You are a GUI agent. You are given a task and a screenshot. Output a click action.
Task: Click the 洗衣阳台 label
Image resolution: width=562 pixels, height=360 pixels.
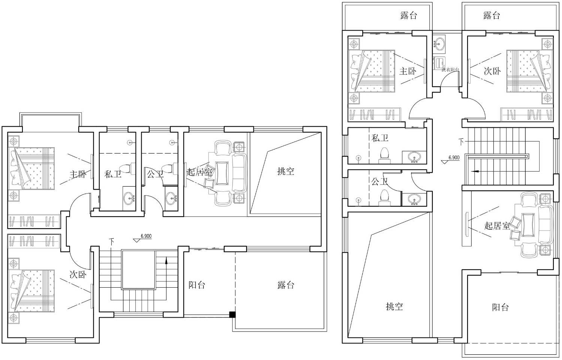[x=451, y=70]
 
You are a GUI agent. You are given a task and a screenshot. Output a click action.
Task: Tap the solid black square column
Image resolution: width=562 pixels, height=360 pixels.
[x=232, y=314]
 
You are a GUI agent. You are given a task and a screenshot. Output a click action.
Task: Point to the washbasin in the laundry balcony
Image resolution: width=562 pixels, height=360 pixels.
[x=439, y=44]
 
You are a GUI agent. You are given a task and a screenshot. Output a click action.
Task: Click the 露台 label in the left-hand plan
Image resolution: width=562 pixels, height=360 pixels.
[x=286, y=285]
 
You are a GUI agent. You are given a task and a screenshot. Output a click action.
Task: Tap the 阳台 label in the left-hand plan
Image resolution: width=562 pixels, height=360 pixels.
[x=197, y=285]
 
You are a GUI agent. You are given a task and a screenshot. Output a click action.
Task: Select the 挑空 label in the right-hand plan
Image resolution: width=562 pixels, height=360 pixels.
[x=394, y=306]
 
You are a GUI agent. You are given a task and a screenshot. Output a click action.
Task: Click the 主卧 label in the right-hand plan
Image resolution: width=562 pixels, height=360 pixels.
[x=408, y=71]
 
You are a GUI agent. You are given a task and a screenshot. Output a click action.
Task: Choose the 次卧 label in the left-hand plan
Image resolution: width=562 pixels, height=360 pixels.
[x=78, y=275]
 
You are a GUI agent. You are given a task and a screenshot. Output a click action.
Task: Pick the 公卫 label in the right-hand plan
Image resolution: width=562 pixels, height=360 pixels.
[x=380, y=181]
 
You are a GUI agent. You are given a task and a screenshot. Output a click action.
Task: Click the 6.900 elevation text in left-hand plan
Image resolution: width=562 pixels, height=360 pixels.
[x=146, y=236]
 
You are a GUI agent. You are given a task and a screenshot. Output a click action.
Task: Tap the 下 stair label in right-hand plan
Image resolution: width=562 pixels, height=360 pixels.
[x=461, y=142]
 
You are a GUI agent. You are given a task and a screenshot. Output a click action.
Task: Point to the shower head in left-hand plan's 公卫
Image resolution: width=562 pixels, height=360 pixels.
[x=172, y=143]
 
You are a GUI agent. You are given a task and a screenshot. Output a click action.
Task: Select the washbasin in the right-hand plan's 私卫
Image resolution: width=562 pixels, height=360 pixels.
[x=414, y=158]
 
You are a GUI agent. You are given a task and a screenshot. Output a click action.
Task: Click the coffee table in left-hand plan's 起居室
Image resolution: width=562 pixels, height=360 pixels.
[x=222, y=173]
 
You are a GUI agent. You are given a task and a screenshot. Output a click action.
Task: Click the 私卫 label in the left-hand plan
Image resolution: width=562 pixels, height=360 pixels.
[x=113, y=174]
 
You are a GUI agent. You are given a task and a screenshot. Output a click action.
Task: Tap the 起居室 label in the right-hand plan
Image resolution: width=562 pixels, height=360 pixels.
[x=497, y=226]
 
